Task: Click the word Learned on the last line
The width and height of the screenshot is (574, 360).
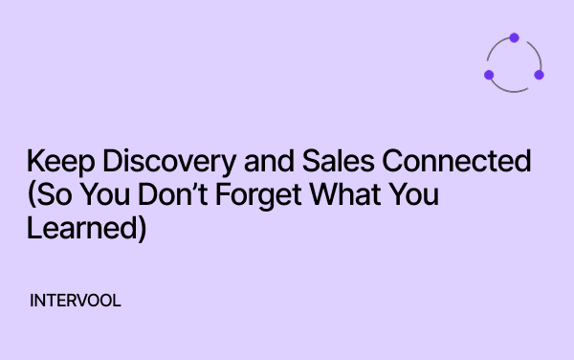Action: (x=82, y=231)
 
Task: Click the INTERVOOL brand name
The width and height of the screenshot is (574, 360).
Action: (x=76, y=300)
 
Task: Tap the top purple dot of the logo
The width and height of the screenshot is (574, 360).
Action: (x=514, y=38)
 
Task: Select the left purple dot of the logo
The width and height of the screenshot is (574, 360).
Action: (x=489, y=75)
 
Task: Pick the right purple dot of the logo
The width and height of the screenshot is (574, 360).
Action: (x=539, y=75)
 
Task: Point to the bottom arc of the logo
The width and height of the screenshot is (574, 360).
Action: (x=514, y=91)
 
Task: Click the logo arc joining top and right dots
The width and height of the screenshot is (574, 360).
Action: (x=535, y=51)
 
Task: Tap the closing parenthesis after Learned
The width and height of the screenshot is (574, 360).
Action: (x=141, y=232)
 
